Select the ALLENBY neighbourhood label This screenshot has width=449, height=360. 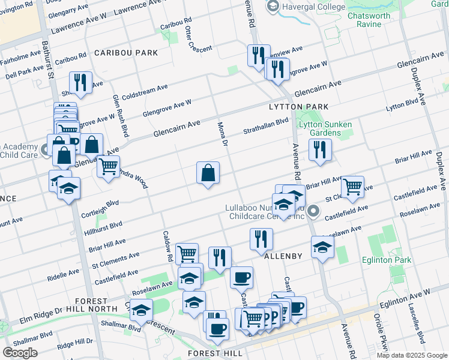click(x=283, y=256)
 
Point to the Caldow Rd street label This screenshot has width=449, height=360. click(x=169, y=246)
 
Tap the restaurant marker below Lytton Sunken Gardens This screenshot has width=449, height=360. click(x=320, y=149)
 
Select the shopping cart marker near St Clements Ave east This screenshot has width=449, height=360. click(x=352, y=186)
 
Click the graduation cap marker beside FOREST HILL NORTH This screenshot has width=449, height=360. click(x=141, y=310)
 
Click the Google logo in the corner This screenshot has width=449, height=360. click(x=20, y=353)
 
